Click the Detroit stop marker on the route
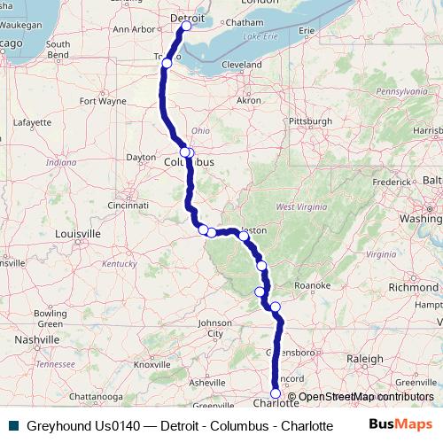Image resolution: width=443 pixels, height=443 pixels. (186, 27)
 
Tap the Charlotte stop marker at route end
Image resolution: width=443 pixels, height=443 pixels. (276, 393)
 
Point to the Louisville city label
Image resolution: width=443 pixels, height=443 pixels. (75, 234)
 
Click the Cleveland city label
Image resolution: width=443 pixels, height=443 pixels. (241, 65)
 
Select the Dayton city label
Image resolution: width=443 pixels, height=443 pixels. (141, 157)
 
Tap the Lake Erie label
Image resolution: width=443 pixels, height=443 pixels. (260, 37)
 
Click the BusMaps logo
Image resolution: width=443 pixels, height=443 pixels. (400, 424)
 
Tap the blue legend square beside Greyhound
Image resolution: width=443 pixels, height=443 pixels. (12, 425)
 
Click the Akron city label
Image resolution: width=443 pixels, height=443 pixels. (248, 100)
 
